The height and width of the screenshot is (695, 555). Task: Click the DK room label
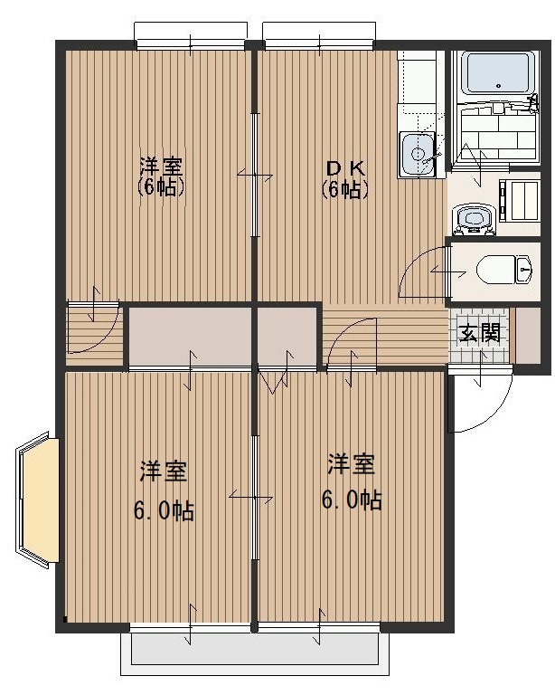(345, 168)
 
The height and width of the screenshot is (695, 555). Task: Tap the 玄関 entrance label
(479, 333)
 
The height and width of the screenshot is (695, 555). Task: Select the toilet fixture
(503, 269)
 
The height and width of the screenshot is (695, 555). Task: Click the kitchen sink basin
(418, 155)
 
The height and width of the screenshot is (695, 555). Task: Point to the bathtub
(498, 72)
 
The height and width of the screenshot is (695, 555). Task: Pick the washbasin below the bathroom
(474, 219)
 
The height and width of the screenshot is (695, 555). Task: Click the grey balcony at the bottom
(255, 649)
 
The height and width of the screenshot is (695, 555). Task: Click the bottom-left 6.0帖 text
(164, 511)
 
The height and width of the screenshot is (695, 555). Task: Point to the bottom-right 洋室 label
(351, 464)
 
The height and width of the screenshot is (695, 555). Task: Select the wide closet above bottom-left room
(190, 337)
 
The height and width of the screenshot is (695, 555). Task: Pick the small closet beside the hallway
(287, 337)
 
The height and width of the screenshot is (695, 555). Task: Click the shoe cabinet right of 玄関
(528, 335)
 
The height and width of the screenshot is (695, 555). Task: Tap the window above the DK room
(319, 34)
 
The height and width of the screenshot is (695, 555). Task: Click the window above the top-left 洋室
(191, 34)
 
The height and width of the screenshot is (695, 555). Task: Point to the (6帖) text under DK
(345, 190)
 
